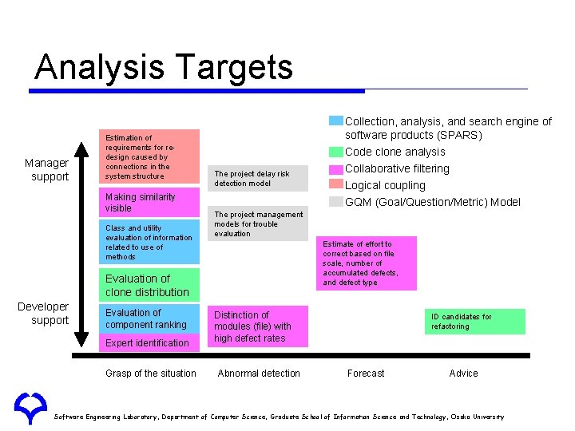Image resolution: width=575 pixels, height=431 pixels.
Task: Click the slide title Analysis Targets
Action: tap(164, 68)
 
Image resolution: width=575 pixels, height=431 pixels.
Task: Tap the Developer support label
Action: tap(43, 314)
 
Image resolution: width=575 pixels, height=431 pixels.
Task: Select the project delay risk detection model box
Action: tap(258, 178)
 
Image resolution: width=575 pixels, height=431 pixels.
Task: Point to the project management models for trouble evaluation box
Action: tap(258, 224)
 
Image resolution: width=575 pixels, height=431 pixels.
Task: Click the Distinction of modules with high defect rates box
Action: tap(258, 326)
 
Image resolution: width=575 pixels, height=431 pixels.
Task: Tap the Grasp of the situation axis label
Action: tap(150, 374)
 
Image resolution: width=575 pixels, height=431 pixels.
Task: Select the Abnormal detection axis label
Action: tap(259, 374)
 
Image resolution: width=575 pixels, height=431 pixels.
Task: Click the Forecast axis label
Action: tap(366, 374)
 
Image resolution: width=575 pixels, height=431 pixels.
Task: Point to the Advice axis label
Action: tap(463, 374)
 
